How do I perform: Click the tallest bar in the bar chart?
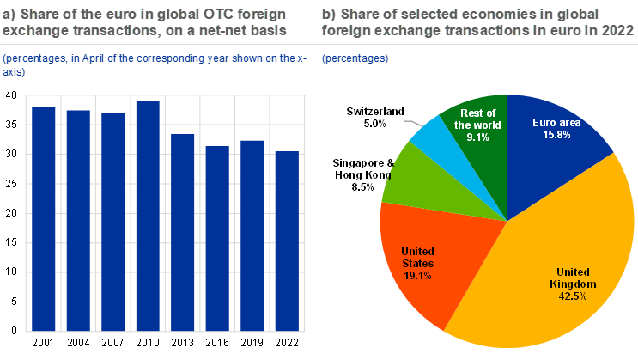click(x=148, y=215)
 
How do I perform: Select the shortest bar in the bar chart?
click(x=287, y=241)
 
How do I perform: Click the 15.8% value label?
click(x=557, y=136)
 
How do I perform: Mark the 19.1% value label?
click(x=416, y=276)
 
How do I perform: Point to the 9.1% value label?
click(x=477, y=137)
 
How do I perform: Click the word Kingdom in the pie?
click(x=574, y=284)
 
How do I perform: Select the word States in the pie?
click(x=417, y=264)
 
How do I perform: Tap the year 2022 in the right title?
click(x=611, y=30)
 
